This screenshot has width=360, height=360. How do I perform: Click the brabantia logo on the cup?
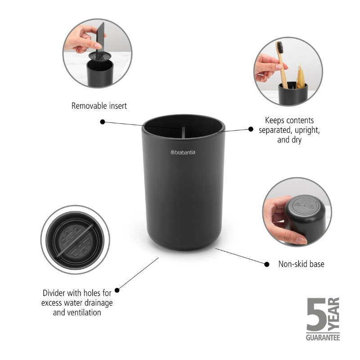pyautogui.click(x=183, y=152)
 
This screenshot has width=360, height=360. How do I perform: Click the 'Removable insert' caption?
pyautogui.click(x=99, y=106)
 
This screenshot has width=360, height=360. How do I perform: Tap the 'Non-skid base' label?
pyautogui.click(x=301, y=264)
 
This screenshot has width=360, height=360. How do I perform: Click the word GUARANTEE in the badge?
pyautogui.click(x=323, y=337)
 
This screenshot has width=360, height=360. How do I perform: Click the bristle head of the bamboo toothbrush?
pyautogui.click(x=279, y=47)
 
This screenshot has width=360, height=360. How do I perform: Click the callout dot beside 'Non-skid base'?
pyautogui.click(x=266, y=265)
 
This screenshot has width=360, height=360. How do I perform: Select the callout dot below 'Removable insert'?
pyautogui.click(x=103, y=122)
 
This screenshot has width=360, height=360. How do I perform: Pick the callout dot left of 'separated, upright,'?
pyautogui.click(x=251, y=129)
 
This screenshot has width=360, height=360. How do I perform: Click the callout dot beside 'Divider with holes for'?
pyautogui.click(x=117, y=290)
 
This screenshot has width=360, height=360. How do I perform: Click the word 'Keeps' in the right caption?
pyautogui.click(x=273, y=120)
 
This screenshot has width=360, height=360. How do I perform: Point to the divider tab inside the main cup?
pyautogui.click(x=183, y=132)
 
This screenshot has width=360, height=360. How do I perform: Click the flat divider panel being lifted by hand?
pyautogui.click(x=100, y=39)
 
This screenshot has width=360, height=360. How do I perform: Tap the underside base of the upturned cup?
pyautogui.click(x=304, y=206)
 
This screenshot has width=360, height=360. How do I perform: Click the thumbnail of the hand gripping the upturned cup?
pyautogui.click(x=297, y=212)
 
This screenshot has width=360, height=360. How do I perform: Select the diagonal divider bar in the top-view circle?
pyautogui.click(x=75, y=240)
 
